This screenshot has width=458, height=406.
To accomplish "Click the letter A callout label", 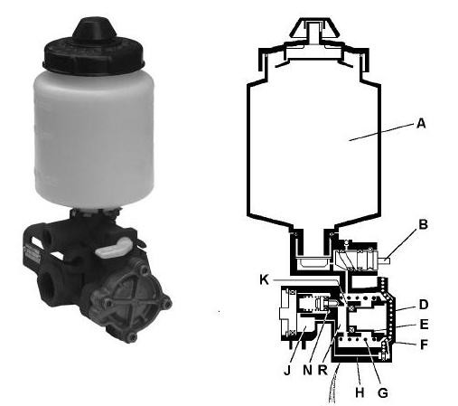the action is tap(421, 123).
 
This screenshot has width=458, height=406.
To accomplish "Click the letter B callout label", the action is tap(423, 224).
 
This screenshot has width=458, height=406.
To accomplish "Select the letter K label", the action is tap(264, 280).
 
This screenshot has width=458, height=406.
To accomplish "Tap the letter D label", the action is tap(424, 305).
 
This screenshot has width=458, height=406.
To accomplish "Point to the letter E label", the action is tap(424, 325).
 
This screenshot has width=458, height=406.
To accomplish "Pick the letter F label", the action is tap(424, 345).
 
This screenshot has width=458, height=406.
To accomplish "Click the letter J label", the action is tap(287, 371).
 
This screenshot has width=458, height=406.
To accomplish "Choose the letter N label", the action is tap(307, 371).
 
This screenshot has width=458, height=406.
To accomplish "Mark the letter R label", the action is tap(322, 371).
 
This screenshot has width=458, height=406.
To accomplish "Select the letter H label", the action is tap(360, 392).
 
